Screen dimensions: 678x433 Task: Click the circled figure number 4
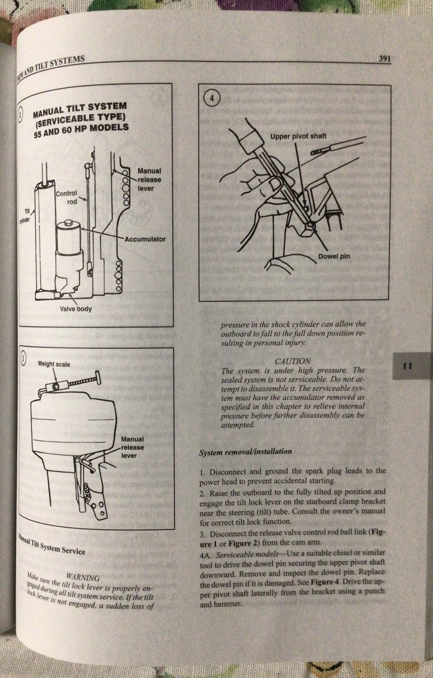[212, 99]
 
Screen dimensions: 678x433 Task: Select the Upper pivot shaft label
[298, 136]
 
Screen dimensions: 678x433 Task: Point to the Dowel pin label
[334, 256]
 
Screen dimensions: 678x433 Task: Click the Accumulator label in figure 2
[145, 239]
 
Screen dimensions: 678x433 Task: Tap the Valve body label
[76, 309]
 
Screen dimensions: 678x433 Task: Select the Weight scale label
[54, 364]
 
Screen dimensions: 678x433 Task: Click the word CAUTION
[293, 361]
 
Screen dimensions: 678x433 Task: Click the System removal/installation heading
[245, 452]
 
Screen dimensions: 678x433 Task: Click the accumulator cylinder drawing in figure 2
[69, 237]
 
